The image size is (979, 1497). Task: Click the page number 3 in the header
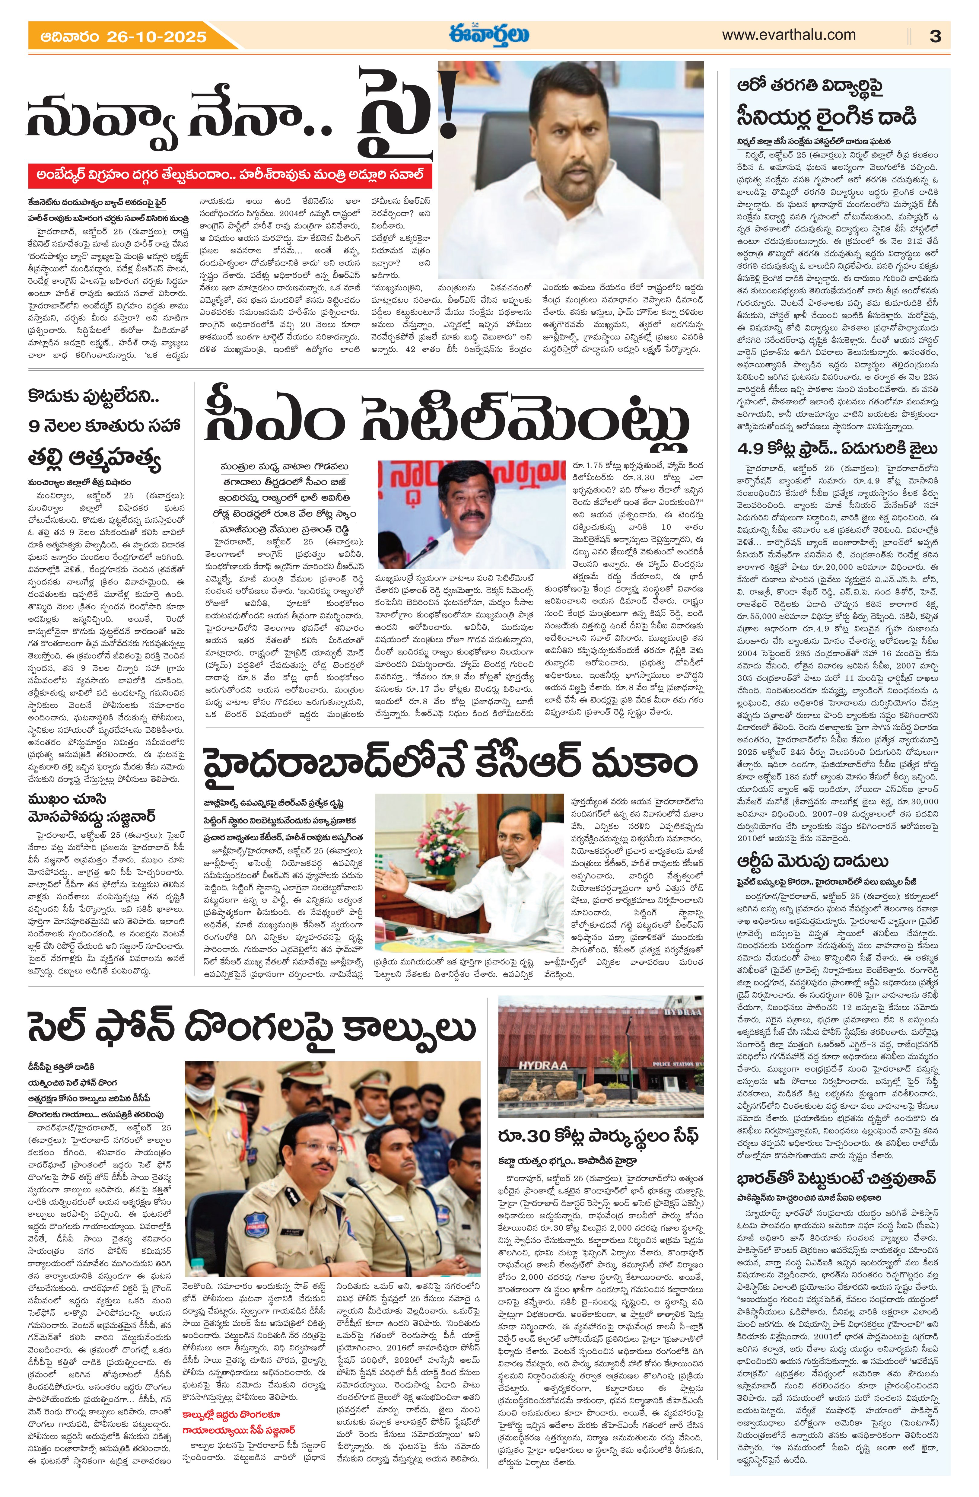point(935,37)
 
